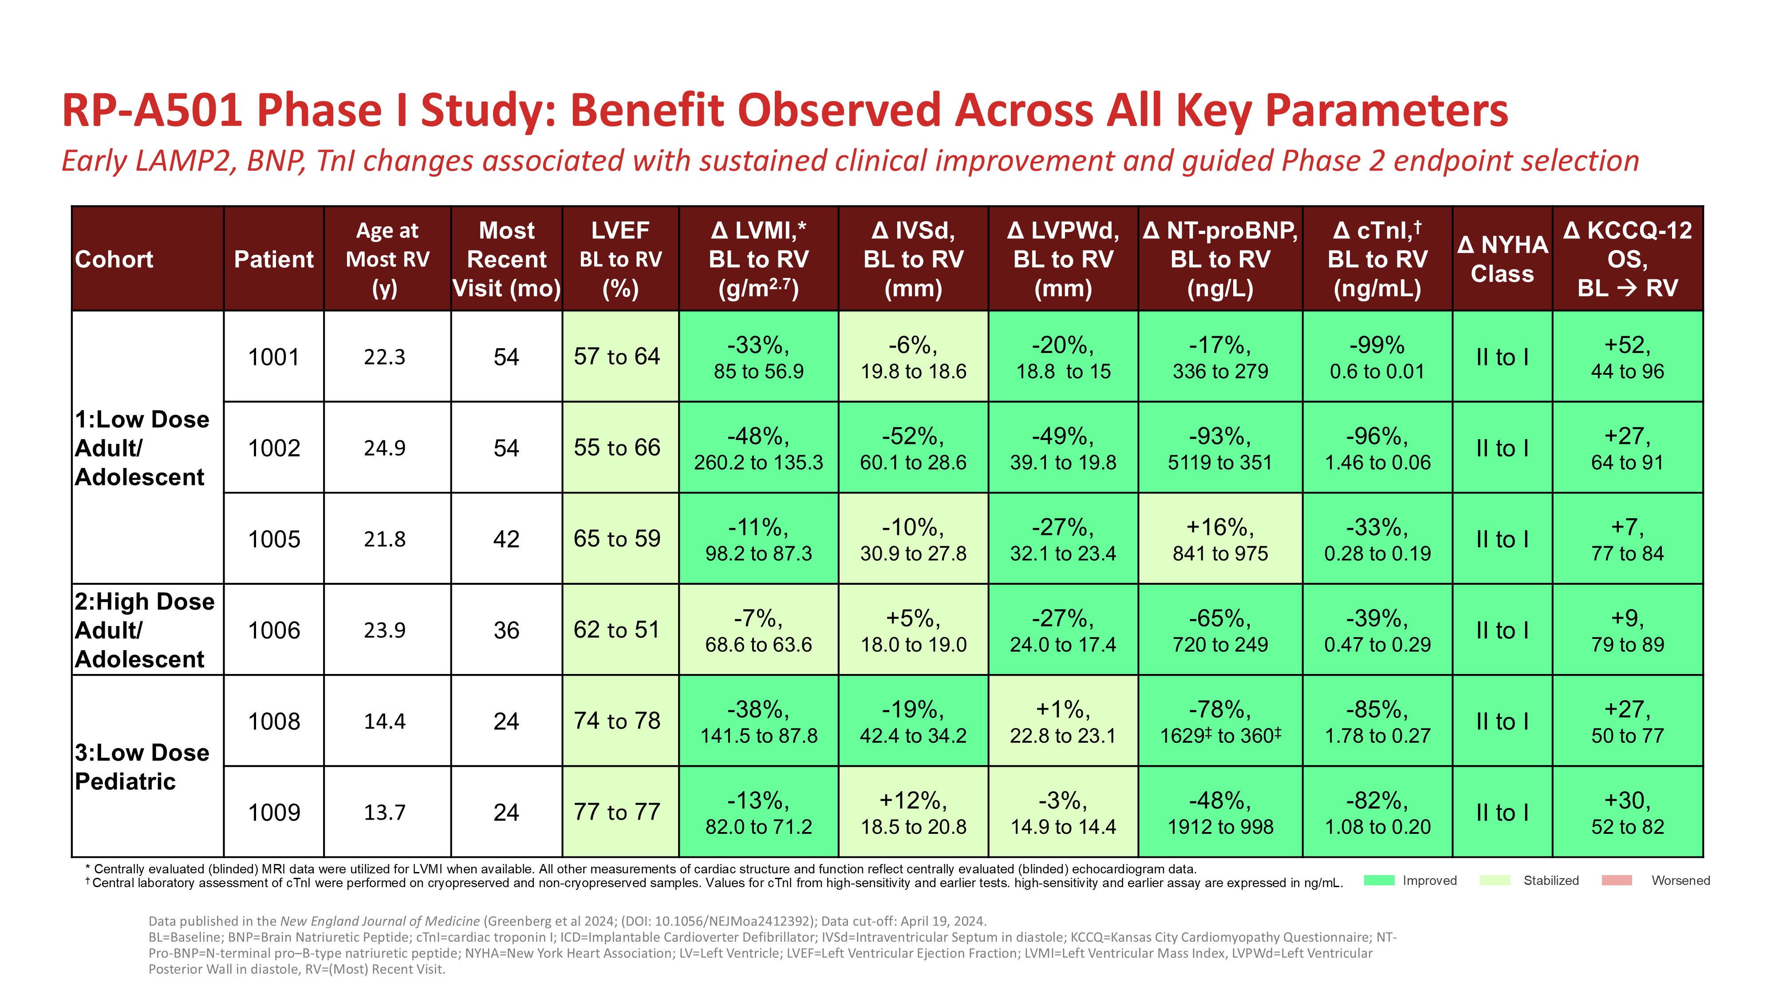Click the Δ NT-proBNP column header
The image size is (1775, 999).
click(x=1219, y=259)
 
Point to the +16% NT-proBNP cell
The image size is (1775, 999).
click(x=1219, y=539)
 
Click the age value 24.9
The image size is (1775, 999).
click(x=384, y=448)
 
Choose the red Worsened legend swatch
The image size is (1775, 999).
click(x=1617, y=880)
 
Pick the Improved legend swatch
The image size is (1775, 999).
click(x=1379, y=880)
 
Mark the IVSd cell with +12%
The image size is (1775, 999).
click(x=913, y=812)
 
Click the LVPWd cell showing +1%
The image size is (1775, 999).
click(x=1062, y=721)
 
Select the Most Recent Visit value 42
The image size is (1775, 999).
click(x=506, y=539)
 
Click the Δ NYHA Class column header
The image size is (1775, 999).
click(x=1502, y=259)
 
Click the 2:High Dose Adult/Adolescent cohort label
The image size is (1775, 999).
click(x=145, y=630)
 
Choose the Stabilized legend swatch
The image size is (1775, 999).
click(x=1495, y=880)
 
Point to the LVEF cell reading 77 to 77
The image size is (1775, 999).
click(x=617, y=812)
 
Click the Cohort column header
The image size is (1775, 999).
click(x=114, y=259)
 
